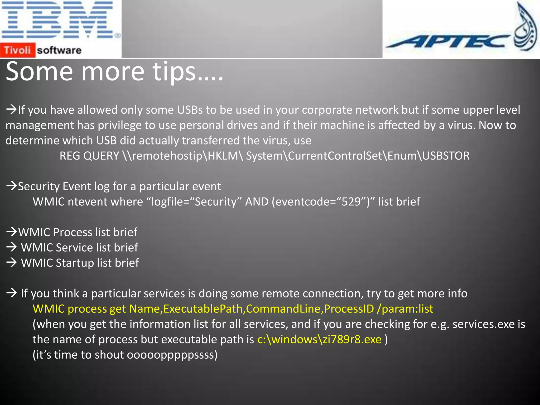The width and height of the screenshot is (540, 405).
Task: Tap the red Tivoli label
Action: (x=17, y=50)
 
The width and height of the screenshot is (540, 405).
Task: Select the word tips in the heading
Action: (x=174, y=72)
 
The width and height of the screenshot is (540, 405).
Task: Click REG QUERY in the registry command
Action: (x=89, y=156)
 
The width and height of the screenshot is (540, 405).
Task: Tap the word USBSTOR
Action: (x=446, y=156)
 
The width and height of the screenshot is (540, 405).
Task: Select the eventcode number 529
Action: (x=351, y=202)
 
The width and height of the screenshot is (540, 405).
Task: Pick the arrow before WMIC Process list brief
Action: (x=12, y=232)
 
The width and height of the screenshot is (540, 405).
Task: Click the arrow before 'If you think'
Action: (x=12, y=293)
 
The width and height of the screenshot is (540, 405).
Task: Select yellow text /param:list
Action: (x=405, y=309)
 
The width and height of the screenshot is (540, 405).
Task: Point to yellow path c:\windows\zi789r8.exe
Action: (x=319, y=339)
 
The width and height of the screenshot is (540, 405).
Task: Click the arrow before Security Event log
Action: (x=12, y=186)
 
